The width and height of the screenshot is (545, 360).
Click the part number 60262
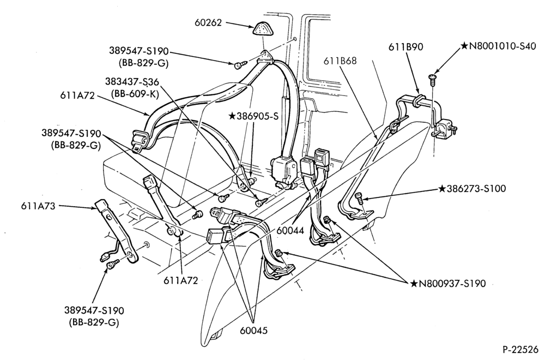pyautogui.click(x=208, y=22)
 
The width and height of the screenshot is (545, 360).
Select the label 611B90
pyautogui.click(x=406, y=46)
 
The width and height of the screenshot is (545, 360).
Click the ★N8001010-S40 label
pyautogui.click(x=498, y=46)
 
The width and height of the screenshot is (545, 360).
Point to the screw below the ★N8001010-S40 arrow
pyautogui.click(x=432, y=79)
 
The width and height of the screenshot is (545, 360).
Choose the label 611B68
pyautogui.click(x=340, y=61)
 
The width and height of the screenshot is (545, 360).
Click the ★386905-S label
pyautogui.click(x=254, y=116)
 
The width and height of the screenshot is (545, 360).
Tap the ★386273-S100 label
pyautogui.click(x=472, y=189)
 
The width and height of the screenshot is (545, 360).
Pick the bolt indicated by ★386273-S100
pyautogui.click(x=359, y=198)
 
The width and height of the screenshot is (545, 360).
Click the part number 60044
pyautogui.click(x=290, y=230)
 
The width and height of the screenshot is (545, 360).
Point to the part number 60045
pyautogui.click(x=254, y=330)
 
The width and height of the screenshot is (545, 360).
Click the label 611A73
pyautogui.click(x=38, y=206)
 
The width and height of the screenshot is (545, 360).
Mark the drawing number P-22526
pyautogui.click(x=522, y=349)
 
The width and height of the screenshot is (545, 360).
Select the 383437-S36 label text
pyautogui.click(x=132, y=82)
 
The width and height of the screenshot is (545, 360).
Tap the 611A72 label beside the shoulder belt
pyautogui.click(x=77, y=95)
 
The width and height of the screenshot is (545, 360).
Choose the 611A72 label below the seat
pyautogui.click(x=181, y=280)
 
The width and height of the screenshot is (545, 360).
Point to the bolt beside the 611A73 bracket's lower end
pyautogui.click(x=112, y=265)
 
